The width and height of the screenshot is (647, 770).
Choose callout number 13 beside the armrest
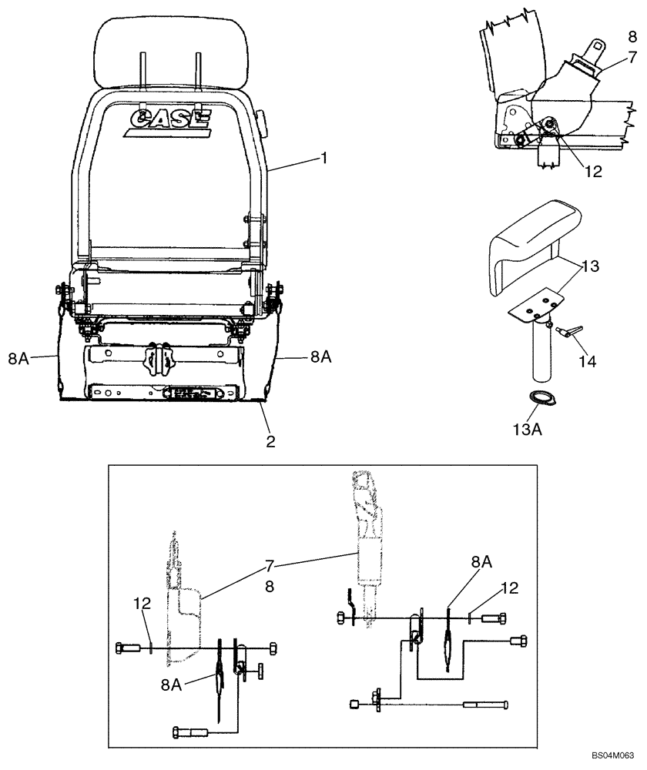tap(591, 266)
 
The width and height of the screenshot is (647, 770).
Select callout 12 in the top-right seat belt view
tap(592, 172)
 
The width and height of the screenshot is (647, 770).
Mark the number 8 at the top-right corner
tap(631, 36)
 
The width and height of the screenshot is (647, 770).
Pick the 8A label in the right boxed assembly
tap(481, 564)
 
